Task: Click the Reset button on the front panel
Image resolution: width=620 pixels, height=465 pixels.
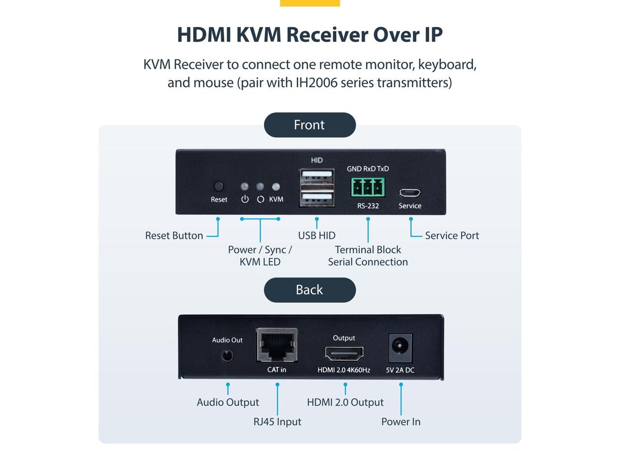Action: (x=219, y=186)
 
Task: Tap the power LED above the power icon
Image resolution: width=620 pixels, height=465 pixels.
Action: (x=245, y=186)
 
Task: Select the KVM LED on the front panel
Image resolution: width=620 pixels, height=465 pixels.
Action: (x=276, y=186)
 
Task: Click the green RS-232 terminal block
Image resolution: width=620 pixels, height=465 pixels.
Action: (x=368, y=187)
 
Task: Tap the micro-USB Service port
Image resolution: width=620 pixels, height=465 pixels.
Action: (x=410, y=193)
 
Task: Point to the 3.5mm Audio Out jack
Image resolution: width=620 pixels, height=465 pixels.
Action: (x=227, y=356)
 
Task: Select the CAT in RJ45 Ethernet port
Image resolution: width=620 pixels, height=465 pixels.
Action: (x=277, y=345)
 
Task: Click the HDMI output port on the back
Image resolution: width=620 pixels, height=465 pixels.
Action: (x=344, y=354)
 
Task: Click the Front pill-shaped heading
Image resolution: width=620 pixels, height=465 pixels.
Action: (x=310, y=125)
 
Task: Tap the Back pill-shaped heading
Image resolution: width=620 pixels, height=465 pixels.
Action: (x=310, y=290)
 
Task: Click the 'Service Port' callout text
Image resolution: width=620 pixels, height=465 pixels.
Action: (x=452, y=236)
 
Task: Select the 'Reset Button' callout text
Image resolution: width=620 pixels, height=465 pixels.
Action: (x=174, y=236)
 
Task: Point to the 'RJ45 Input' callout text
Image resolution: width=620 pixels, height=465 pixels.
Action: (x=277, y=422)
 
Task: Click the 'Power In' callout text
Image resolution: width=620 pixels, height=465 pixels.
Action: (x=401, y=422)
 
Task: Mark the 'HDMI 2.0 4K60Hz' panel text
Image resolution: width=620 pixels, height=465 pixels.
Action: (x=344, y=370)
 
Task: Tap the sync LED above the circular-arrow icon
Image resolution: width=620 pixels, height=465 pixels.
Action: (x=261, y=186)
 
